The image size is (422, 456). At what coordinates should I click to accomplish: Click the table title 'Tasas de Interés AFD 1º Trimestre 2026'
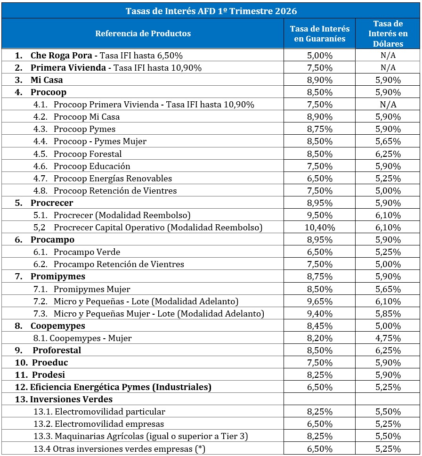coord(211,10)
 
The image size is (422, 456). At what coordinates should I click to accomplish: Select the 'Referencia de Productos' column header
coord(143,33)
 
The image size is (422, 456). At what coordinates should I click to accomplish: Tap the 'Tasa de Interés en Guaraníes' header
coord(320,33)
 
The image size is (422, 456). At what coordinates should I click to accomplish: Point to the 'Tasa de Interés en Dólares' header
coord(388,33)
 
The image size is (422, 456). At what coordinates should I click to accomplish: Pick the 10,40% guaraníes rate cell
coord(320,228)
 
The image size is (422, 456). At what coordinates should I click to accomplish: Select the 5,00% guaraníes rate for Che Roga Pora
coord(320,55)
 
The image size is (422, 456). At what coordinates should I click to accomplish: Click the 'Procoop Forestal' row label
coord(87,154)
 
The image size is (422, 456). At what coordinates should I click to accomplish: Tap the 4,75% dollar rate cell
coord(388,338)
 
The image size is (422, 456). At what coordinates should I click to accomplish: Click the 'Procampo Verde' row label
coord(87,252)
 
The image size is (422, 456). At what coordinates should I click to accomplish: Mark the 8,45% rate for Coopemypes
coord(320,326)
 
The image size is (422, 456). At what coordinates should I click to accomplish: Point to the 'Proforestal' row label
coord(57,350)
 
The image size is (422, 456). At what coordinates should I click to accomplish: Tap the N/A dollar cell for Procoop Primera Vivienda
coord(388,104)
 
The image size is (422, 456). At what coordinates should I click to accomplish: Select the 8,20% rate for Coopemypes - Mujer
coord(320,338)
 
